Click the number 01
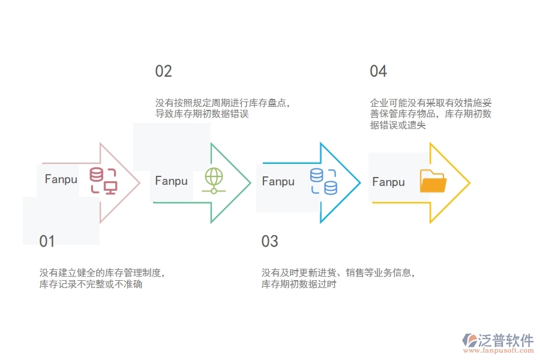[47, 242]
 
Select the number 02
[163, 71]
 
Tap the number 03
[269, 242]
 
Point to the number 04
[378, 71]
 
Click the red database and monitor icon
[103, 181]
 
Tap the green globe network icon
[214, 180]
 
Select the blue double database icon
[323, 181]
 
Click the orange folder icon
[433, 181]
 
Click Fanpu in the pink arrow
[61, 179]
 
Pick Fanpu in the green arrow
[171, 181]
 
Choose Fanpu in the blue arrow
[278, 181]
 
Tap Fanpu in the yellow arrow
[388, 182]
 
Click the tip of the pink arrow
[139, 182]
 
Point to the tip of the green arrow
[250, 182]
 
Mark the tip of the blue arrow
[359, 182]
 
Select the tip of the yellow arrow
[469, 182]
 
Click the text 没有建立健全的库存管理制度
[102, 273]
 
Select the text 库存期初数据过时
[299, 284]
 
